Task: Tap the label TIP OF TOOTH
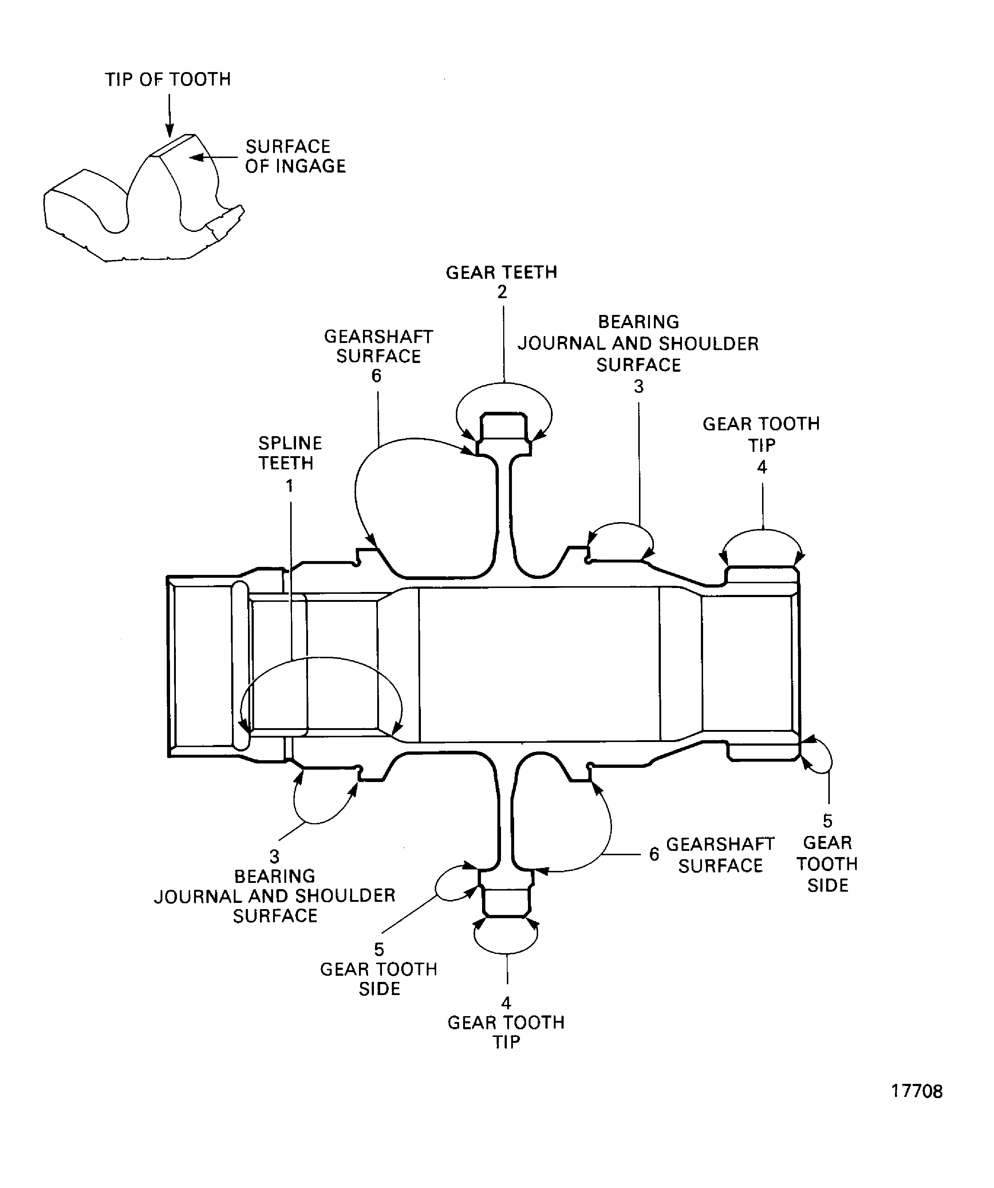point(168,79)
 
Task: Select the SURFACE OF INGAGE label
point(295,156)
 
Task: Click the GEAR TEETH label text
point(501,273)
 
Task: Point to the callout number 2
point(502,292)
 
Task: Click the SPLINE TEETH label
point(290,453)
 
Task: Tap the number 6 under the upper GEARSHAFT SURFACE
point(376,376)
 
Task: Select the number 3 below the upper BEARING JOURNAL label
point(639,387)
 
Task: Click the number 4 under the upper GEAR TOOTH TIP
point(762,467)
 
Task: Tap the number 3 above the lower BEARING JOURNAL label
point(275,856)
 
